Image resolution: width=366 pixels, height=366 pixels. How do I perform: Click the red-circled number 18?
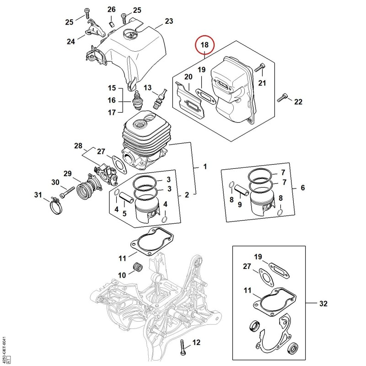point(205,45)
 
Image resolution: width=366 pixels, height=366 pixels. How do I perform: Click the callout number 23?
point(169,21)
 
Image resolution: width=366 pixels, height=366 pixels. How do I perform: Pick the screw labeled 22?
point(282,97)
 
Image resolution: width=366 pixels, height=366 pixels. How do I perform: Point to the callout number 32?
point(323,303)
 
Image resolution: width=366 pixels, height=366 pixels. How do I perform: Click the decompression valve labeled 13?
point(161,98)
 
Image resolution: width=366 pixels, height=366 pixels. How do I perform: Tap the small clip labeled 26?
point(112,24)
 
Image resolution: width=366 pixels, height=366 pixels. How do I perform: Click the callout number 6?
point(303,188)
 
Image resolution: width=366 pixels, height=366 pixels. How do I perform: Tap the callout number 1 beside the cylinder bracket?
point(205,167)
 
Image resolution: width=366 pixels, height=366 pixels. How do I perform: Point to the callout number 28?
point(78,146)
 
